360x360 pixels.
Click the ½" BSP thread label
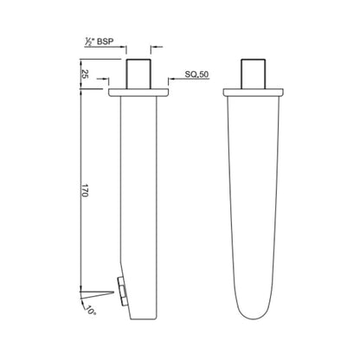[x=99, y=42]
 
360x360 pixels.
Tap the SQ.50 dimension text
[x=196, y=74]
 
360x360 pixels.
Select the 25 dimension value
[x=85, y=74]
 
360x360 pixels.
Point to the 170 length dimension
[x=84, y=190]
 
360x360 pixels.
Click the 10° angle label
[x=90, y=311]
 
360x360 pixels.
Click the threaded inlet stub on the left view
[x=138, y=74]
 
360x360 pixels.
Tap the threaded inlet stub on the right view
[x=254, y=74]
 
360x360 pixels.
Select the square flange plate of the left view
[x=138, y=93]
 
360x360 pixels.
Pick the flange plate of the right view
[x=254, y=93]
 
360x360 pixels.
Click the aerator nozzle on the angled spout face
[x=122, y=291]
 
